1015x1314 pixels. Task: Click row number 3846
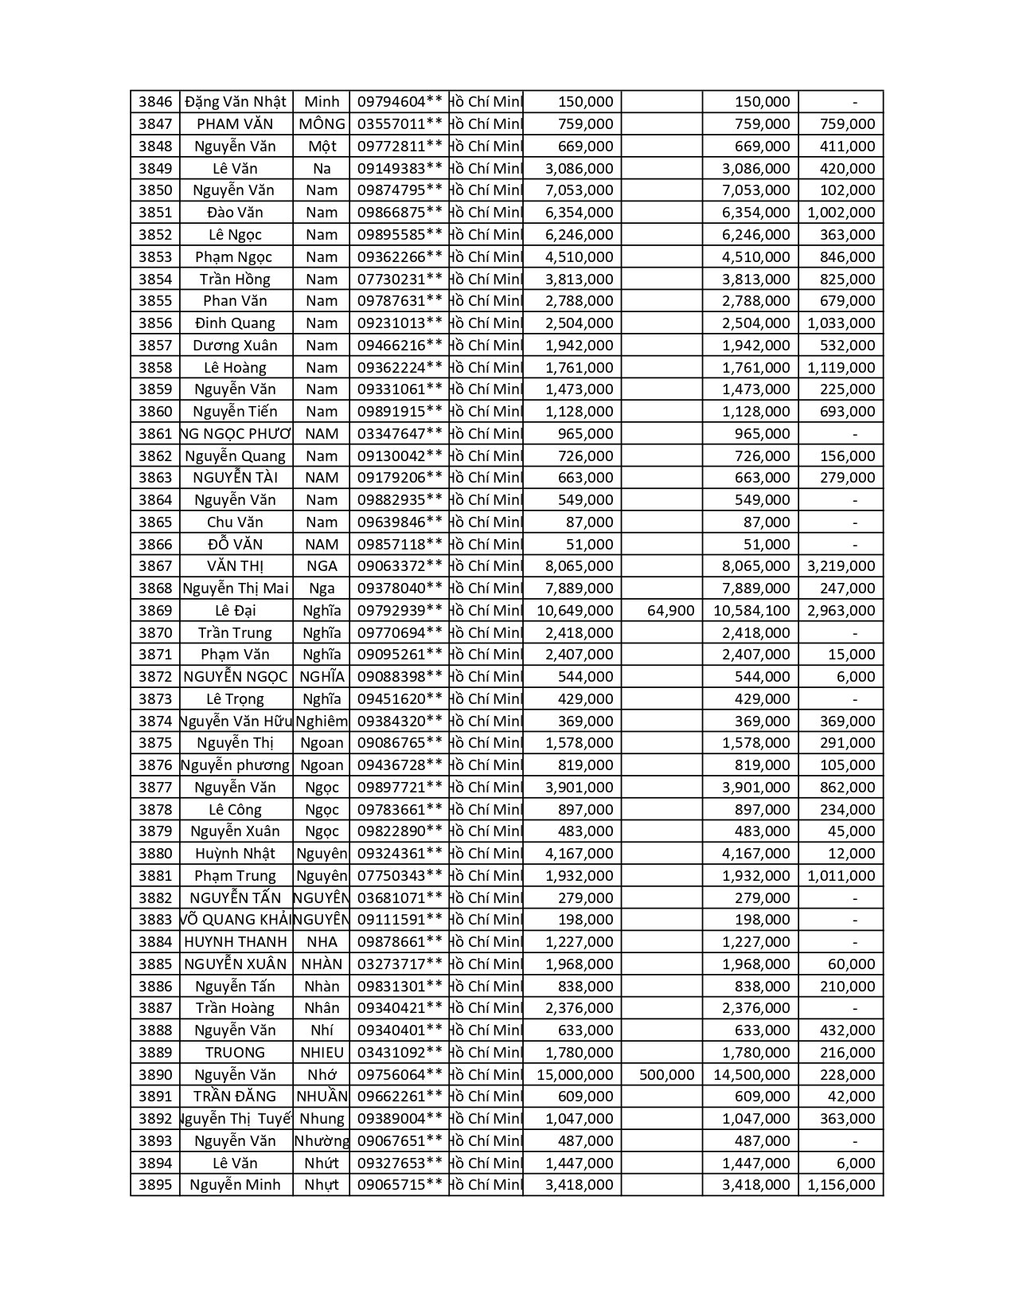155,102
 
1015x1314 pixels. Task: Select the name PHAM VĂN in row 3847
235,124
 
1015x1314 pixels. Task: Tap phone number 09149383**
399,169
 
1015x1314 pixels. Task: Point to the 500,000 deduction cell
666,1075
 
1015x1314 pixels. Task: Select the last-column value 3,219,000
841,566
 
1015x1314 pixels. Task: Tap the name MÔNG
322,124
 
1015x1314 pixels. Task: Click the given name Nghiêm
322,722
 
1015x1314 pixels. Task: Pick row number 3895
155,1185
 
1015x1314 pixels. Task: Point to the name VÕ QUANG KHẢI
235,920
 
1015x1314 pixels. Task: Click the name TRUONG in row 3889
235,1053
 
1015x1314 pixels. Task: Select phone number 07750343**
399,876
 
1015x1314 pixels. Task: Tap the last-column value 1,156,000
841,1185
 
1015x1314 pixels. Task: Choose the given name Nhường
322,1141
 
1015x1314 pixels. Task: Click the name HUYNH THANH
235,942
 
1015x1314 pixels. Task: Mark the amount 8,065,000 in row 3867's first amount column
579,566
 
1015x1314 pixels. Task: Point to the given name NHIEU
322,1053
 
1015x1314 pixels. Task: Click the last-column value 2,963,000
841,611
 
